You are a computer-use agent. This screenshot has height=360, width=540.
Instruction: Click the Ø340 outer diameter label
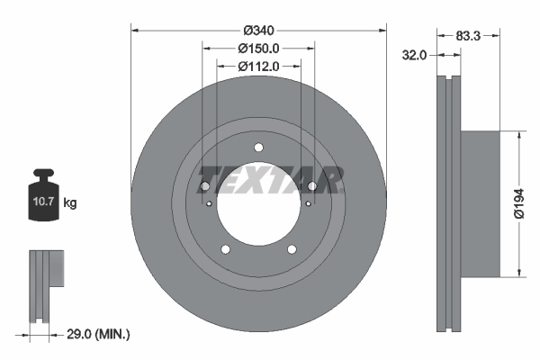point(258,15)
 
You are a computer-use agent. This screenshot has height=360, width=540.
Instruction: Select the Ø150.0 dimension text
point(258,49)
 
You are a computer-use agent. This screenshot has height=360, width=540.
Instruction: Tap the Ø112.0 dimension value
point(258,66)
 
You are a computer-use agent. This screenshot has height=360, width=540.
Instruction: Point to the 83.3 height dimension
point(467,36)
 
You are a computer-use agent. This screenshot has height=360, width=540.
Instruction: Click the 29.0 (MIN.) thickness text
point(99,334)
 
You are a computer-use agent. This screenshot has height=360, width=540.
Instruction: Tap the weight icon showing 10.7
point(42,197)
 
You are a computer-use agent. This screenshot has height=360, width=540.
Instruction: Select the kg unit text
point(70,203)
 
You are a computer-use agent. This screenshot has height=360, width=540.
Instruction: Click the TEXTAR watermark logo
point(269,180)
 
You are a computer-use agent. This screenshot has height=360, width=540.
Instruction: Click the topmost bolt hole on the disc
point(258,148)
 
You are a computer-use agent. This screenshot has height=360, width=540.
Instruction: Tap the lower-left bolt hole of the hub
point(225,249)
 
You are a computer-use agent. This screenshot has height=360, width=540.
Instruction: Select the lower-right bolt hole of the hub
point(292,249)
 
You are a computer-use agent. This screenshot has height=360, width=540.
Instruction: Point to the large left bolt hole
point(204,186)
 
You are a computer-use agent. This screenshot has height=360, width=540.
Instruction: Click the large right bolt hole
point(312,186)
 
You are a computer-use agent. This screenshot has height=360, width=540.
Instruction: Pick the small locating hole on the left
point(209,204)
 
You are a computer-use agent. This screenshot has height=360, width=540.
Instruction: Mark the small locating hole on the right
point(308,204)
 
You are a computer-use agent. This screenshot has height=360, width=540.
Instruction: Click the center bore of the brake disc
point(258,208)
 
